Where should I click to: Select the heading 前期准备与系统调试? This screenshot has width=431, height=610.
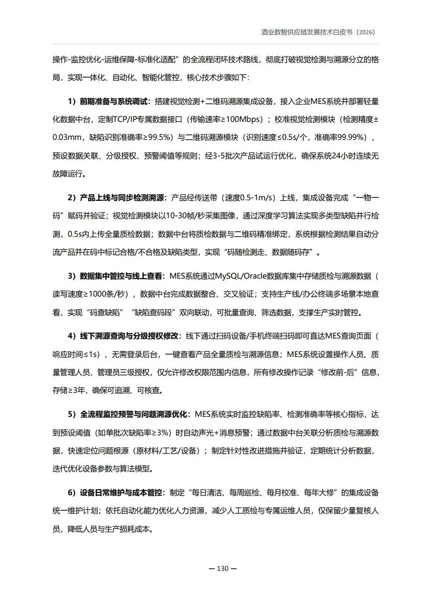click(x=114, y=102)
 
